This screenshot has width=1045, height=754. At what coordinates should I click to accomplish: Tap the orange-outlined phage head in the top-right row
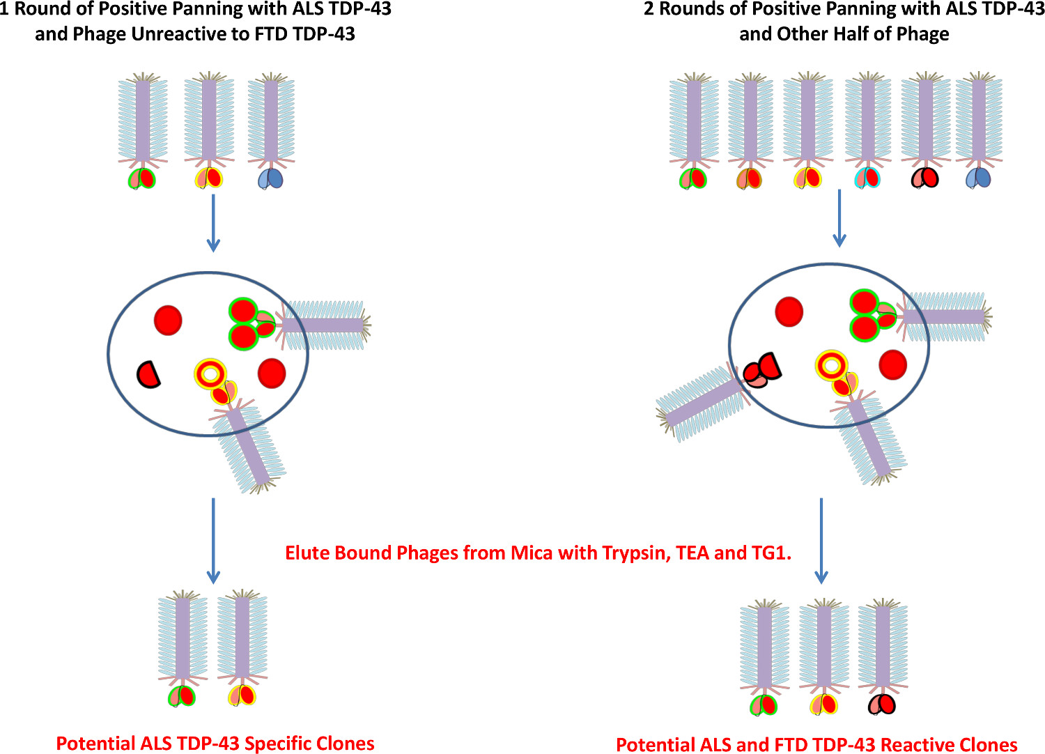(750, 179)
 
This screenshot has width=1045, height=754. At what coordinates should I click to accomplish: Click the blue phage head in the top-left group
(271, 179)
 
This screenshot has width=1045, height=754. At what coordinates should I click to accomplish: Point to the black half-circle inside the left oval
(148, 374)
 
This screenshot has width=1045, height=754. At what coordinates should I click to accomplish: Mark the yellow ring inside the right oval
(831, 365)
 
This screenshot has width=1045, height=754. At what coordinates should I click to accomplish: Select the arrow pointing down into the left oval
(213, 223)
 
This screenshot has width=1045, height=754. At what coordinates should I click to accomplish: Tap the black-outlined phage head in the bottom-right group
(882, 705)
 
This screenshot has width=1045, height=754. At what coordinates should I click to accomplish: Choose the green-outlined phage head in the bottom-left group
(182, 695)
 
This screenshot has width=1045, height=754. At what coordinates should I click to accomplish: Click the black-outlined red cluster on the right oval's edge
(763, 370)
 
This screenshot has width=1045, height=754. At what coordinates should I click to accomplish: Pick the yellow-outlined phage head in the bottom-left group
(242, 695)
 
